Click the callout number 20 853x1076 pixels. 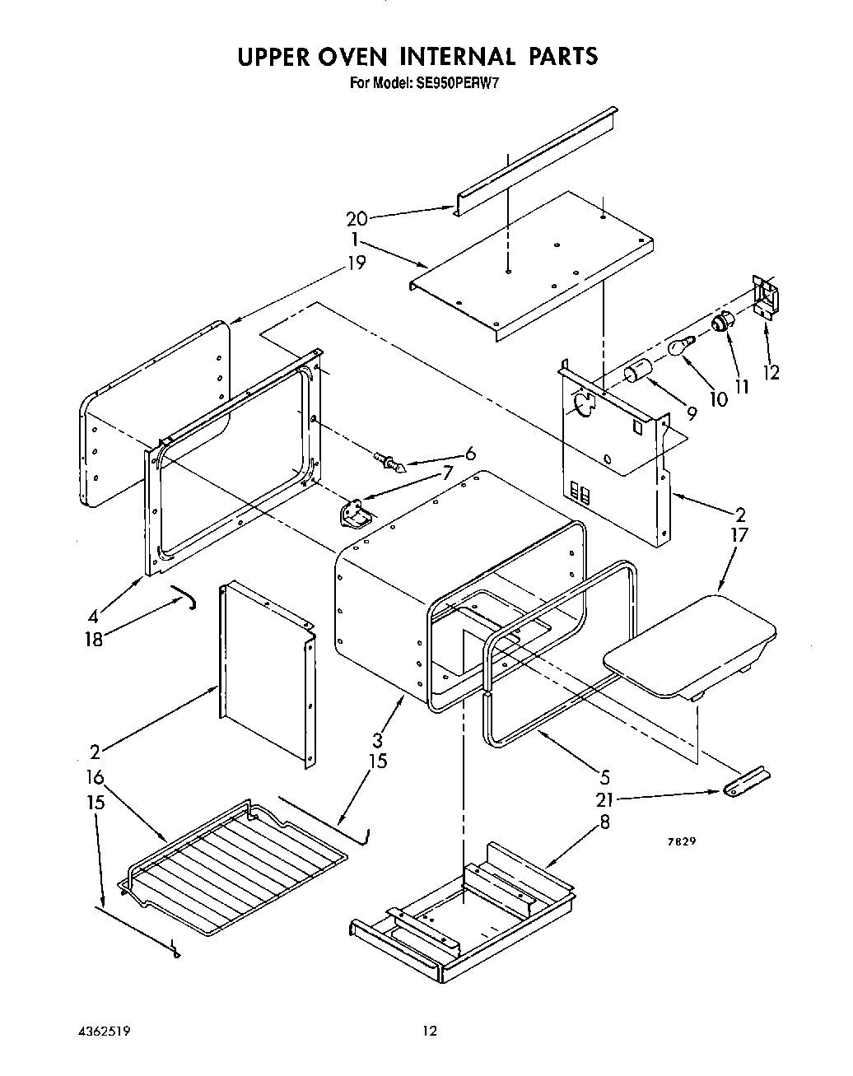357,219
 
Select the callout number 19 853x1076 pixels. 356,263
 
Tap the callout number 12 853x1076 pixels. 771,373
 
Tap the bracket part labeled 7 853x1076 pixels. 354,515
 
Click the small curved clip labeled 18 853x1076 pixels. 188,595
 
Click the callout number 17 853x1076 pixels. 739,535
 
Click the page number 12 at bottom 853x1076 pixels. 428,1030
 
